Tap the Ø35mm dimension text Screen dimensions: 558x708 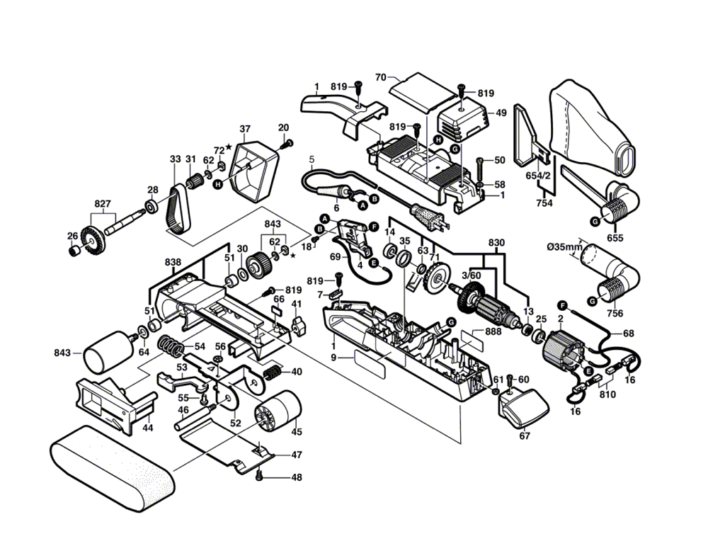coord(564,247)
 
